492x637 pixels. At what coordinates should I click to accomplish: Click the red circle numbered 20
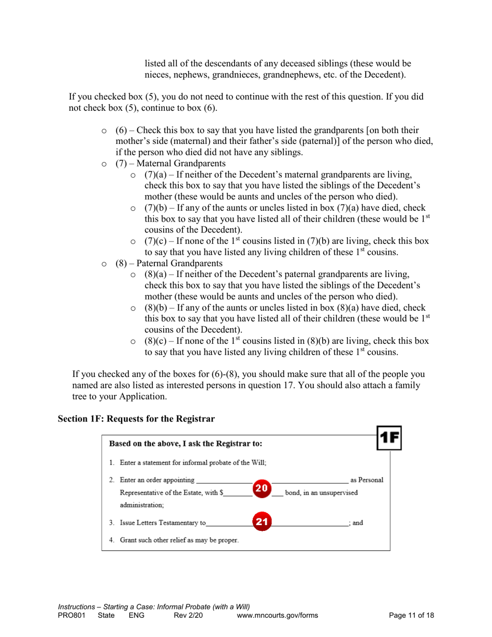pyautogui.click(x=262, y=488)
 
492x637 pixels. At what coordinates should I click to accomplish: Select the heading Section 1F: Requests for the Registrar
pyautogui.click(x=136, y=418)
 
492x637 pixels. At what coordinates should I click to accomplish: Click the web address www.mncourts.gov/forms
pyautogui.click(x=277, y=615)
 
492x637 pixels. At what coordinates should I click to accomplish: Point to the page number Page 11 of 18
pyautogui.click(x=411, y=615)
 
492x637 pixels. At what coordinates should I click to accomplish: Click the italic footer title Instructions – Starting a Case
pyautogui.click(x=154, y=606)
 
